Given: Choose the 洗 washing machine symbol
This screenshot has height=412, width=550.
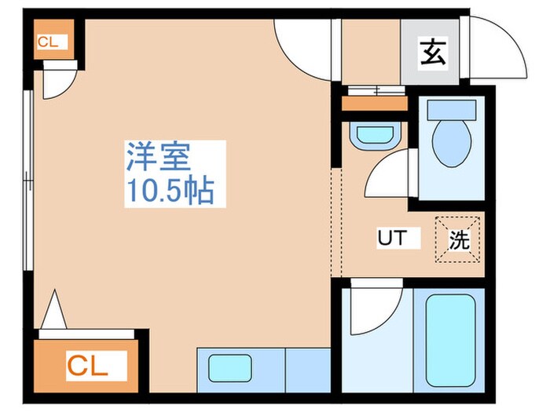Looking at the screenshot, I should coord(459,239).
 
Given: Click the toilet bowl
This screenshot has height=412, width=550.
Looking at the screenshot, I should coord(450,144).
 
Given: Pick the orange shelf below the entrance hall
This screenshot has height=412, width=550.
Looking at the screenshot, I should coord(376,103).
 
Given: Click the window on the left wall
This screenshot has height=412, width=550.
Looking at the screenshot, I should coord(29,180).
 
